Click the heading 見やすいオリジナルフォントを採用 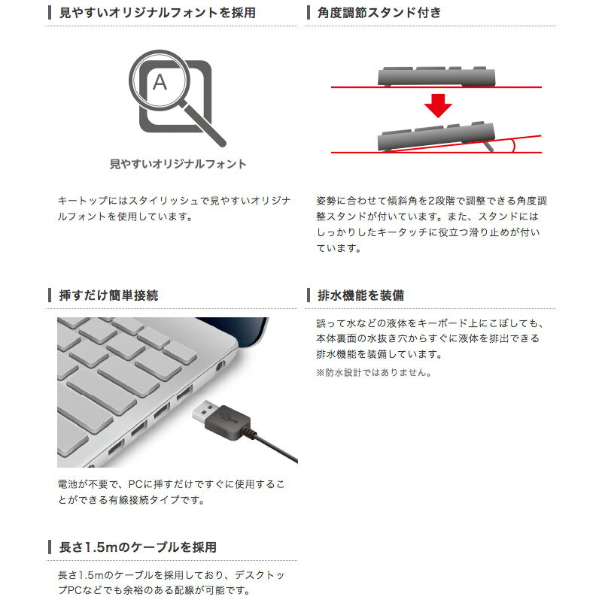pyautogui.click(x=157, y=13)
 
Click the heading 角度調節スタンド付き pyautogui.click(x=379, y=13)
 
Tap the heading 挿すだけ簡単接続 pyautogui.click(x=108, y=295)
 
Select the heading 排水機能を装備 pyautogui.click(x=361, y=295)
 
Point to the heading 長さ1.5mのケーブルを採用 pyautogui.click(x=138, y=547)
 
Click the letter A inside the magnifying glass pyautogui.click(x=160, y=82)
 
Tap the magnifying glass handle pyautogui.click(x=204, y=125)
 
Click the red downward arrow pyautogui.click(x=438, y=106)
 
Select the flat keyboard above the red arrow pyautogui.click(x=436, y=77)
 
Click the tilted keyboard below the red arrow pyautogui.click(x=436, y=137)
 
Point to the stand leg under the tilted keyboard pyautogui.click(x=488, y=146)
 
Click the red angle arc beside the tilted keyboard pyautogui.click(x=513, y=146)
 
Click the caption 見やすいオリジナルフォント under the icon pyautogui.click(x=178, y=164)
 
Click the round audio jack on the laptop pyautogui.click(x=220, y=366)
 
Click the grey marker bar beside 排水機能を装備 pyautogui.click(x=309, y=295)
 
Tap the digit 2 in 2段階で pyautogui.click(x=431, y=201)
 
